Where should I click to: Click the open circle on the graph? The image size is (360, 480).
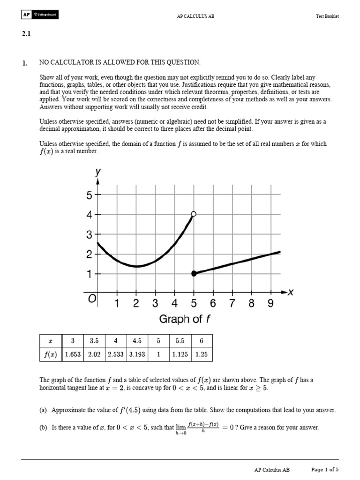point(194,214)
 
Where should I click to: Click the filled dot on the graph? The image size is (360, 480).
point(194,273)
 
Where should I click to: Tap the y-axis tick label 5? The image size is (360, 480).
point(89,195)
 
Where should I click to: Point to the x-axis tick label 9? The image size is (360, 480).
point(270,304)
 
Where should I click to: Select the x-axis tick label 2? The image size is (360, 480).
point(136,304)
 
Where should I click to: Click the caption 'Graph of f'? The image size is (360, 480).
point(185,320)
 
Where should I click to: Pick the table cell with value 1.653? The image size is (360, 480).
point(73,354)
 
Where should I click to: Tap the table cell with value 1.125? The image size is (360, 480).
point(180,354)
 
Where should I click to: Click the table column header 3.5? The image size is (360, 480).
point(94,341)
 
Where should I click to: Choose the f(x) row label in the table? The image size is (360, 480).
point(49,354)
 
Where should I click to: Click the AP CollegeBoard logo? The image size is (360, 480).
point(39,15)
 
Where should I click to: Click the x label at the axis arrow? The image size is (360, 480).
point(290,292)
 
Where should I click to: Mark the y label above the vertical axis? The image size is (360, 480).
point(98,172)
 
